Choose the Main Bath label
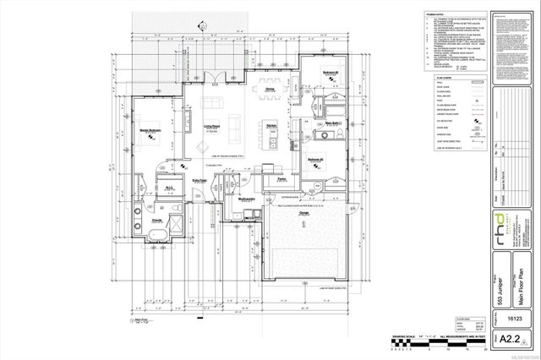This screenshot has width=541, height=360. [x=332, y=124]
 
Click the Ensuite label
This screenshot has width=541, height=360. [x=157, y=219]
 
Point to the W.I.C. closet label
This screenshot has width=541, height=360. [x=168, y=188]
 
